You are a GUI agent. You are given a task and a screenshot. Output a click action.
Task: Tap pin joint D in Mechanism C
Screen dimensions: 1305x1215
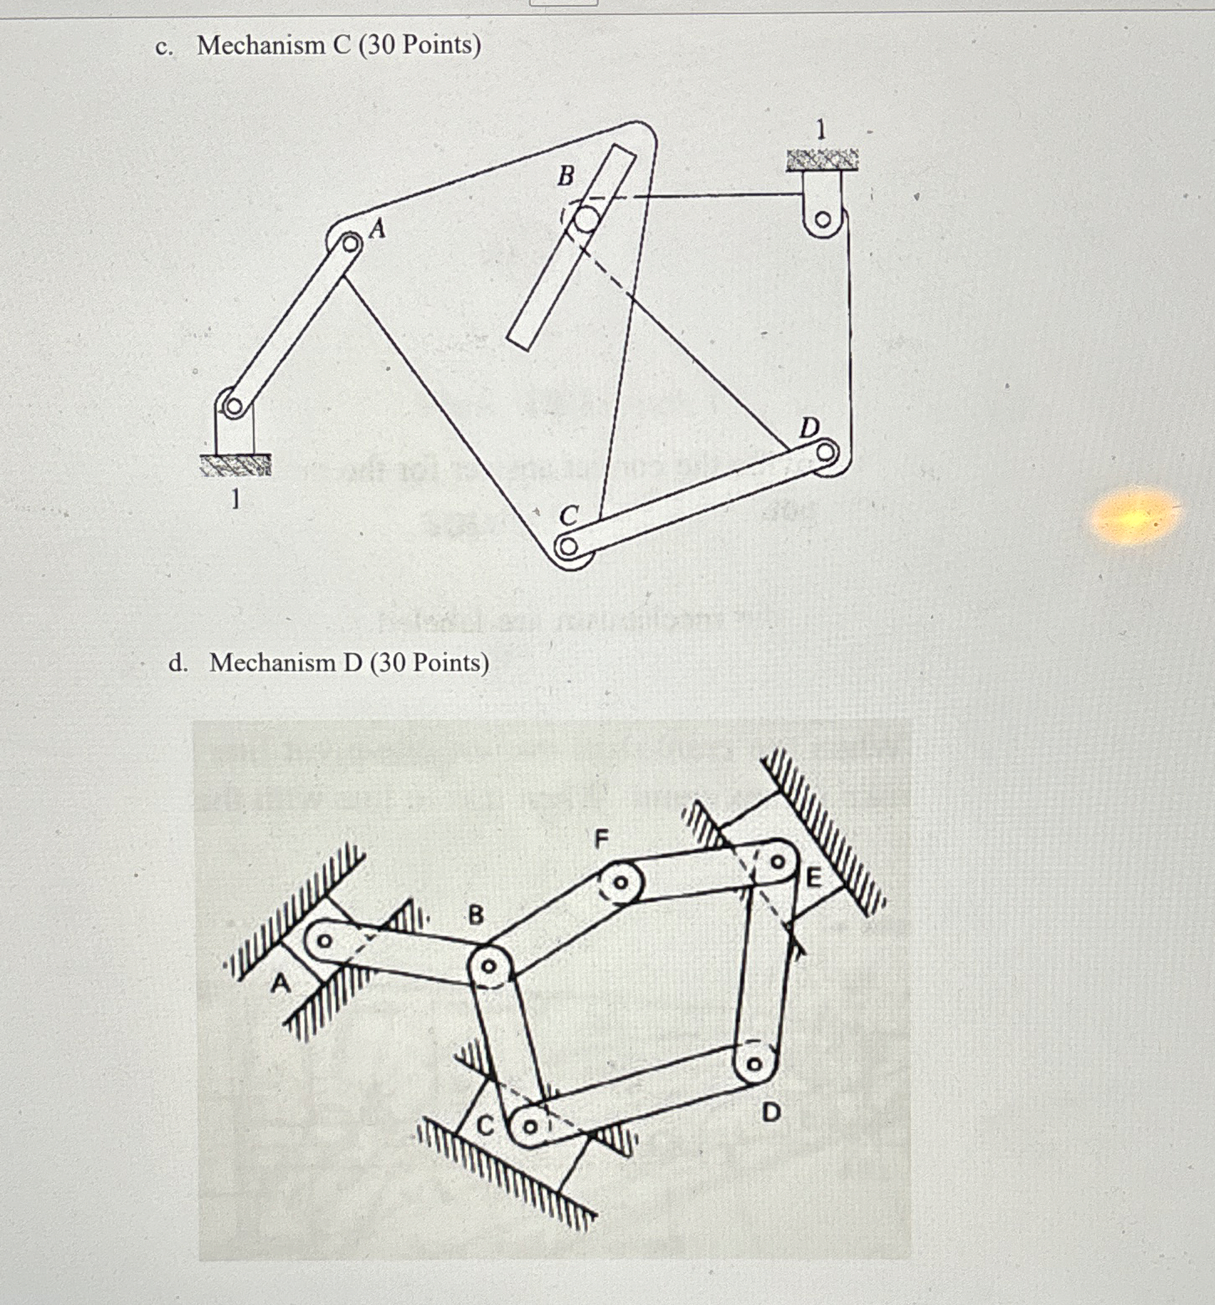[826, 454]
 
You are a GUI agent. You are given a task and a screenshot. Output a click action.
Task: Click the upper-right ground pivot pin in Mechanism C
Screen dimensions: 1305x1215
[822, 220]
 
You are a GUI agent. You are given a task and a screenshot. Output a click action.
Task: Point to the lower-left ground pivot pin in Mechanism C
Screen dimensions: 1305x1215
[234, 408]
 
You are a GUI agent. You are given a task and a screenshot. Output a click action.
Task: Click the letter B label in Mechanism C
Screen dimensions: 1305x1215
[566, 176]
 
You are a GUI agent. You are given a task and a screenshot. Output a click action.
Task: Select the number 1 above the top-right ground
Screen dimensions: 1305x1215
[821, 130]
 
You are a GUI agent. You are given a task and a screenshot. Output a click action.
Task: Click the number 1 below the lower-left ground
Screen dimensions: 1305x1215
[235, 500]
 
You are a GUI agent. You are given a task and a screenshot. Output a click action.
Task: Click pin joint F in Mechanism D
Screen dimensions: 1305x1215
[621, 882]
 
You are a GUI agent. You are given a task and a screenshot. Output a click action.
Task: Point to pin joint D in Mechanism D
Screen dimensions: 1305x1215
[752, 1065]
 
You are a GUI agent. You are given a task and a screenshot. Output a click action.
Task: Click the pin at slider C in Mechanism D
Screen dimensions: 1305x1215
[529, 1126]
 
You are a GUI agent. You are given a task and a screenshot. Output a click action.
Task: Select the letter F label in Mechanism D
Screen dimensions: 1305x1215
[600, 838]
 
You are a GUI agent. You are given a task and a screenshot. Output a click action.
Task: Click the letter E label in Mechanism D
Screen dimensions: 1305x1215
[813, 878]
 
